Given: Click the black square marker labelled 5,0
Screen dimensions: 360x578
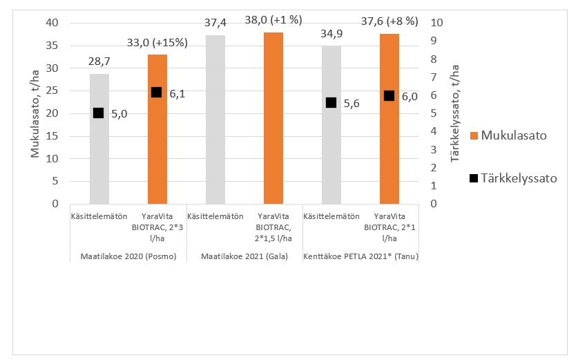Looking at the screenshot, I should tap(99, 113).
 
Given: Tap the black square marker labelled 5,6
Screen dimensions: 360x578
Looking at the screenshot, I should tap(331, 102).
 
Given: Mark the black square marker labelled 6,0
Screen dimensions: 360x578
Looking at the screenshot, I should tap(389, 95).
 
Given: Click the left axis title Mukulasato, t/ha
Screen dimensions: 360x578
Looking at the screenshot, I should tap(35, 114).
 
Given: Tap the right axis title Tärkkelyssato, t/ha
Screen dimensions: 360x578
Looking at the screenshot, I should tap(454, 114).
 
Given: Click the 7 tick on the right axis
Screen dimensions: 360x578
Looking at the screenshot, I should tap(433, 77).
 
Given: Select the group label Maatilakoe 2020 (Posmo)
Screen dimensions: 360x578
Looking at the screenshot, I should tap(128, 257).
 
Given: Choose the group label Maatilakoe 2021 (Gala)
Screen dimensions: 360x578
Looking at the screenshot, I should tap(244, 257).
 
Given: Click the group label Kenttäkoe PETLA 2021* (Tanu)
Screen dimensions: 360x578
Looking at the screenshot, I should tap(360, 257).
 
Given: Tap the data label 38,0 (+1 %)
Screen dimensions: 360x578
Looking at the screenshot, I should tap(273, 21).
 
